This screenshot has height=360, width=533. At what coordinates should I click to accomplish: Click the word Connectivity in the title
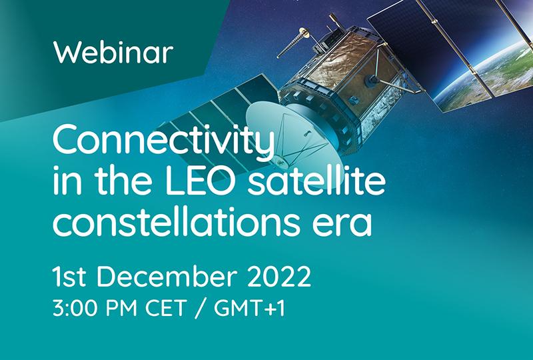[x=163, y=141]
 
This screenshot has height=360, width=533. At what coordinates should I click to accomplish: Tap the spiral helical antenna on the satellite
[x=293, y=43]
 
